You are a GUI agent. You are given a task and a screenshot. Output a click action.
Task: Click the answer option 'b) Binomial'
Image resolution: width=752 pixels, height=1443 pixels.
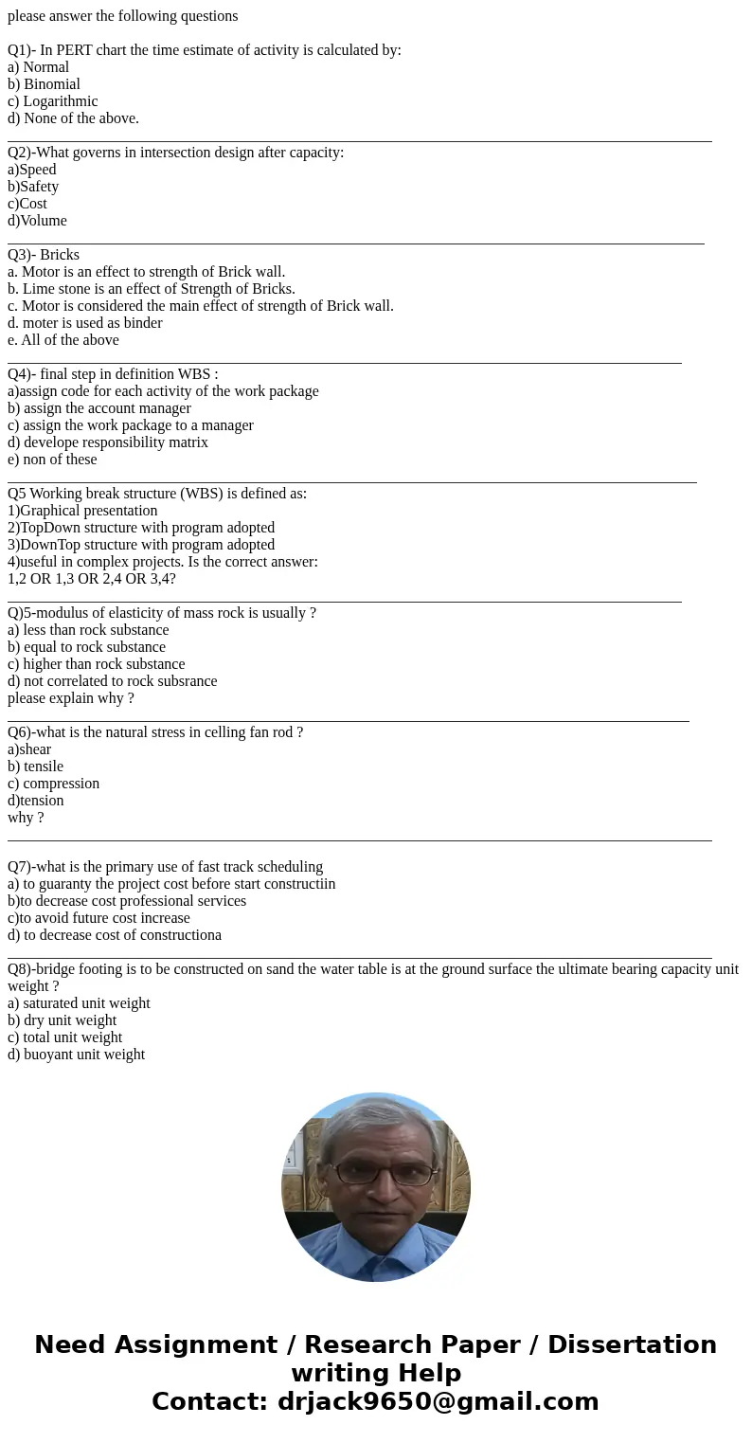(44, 84)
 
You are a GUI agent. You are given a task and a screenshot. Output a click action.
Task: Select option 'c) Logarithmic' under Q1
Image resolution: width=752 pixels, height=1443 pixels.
(52, 101)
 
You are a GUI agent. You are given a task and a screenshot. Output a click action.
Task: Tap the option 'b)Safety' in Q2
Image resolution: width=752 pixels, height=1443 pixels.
(33, 187)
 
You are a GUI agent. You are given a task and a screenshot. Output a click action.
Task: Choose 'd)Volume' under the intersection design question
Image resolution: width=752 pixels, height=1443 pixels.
(37, 221)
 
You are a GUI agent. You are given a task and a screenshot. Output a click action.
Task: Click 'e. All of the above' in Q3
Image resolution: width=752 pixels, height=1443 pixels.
(63, 340)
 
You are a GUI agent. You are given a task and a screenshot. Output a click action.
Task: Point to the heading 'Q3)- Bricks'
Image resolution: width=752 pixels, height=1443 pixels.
(44, 255)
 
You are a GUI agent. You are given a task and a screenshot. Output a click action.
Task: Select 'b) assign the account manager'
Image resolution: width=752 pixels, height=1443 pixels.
(99, 408)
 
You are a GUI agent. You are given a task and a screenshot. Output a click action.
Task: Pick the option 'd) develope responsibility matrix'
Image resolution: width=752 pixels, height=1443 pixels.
(108, 442)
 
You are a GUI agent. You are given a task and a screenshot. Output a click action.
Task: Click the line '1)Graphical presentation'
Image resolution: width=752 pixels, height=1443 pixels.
(82, 511)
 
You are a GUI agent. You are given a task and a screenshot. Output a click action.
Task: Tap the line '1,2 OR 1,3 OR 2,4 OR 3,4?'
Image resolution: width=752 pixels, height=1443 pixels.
(92, 579)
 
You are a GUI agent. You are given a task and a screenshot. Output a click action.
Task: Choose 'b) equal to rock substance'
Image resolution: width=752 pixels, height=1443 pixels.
(86, 647)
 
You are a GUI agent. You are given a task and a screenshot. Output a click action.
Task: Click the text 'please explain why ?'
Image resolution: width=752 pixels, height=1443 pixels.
(71, 698)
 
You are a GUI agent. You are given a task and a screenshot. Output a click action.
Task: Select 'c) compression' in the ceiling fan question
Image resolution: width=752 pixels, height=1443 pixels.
(53, 784)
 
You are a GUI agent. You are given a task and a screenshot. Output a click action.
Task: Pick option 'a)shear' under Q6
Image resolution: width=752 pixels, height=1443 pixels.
(29, 749)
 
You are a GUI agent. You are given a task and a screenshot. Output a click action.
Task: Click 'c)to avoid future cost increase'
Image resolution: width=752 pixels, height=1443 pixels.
(98, 918)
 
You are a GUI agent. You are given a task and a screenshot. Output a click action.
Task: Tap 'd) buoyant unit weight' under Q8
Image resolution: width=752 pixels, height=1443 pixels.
(76, 1055)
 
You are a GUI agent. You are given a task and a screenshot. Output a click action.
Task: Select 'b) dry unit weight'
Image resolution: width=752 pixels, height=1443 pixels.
(62, 1020)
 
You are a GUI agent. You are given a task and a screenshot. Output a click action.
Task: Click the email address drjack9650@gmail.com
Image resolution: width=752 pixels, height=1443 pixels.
(438, 1402)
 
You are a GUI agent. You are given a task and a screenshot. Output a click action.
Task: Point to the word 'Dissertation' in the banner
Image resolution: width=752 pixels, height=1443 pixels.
(632, 1345)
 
